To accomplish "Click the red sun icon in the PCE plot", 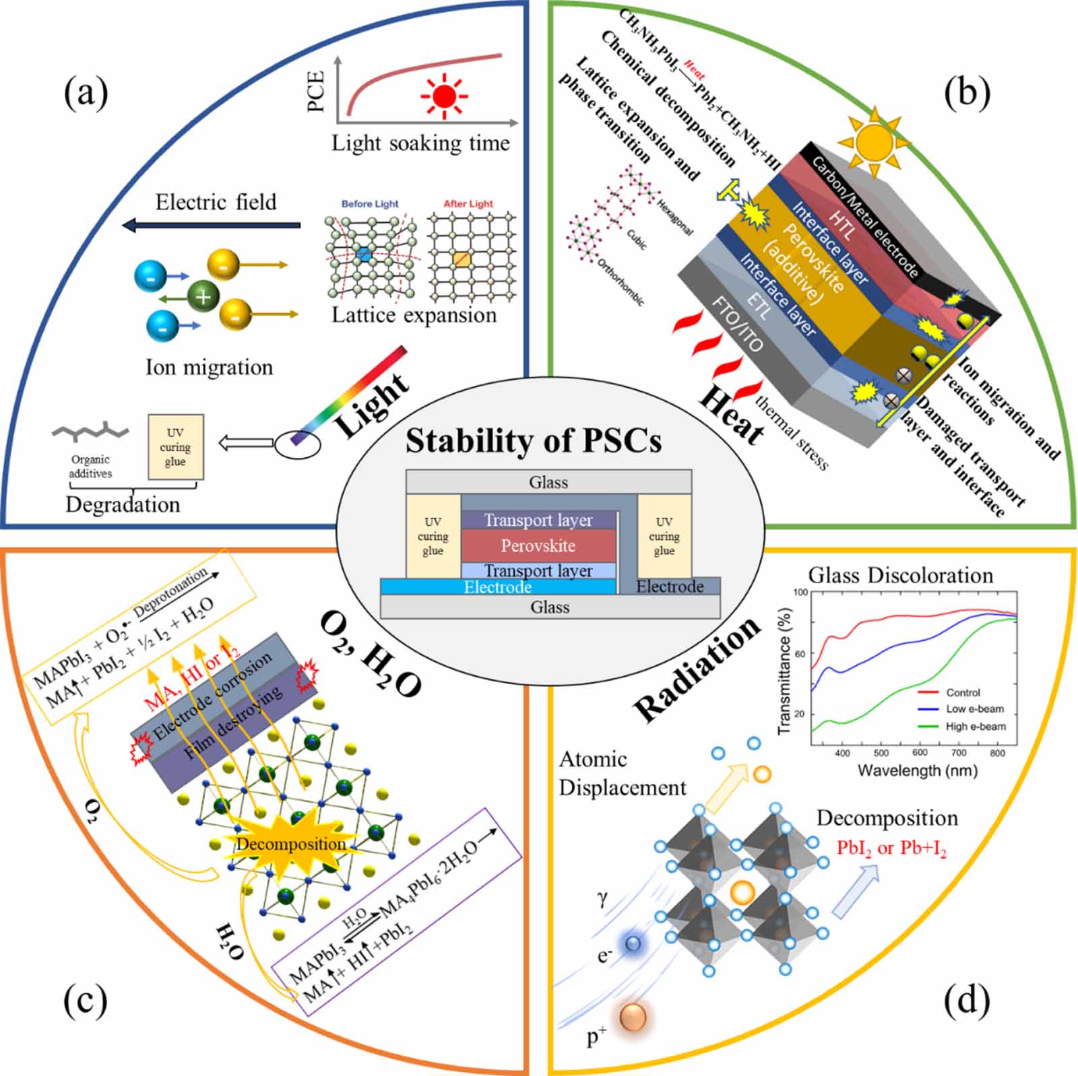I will click(x=444, y=97).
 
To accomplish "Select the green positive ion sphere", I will click(x=203, y=296).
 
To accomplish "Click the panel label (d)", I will click(x=967, y=1001).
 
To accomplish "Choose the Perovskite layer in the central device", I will click(x=538, y=545).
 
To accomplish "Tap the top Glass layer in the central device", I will click(x=548, y=482).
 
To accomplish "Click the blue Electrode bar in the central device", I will click(x=498, y=587).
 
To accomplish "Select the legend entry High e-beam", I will click(x=975, y=727).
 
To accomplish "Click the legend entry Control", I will click(x=963, y=692).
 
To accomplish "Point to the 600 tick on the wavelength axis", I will click(x=920, y=753).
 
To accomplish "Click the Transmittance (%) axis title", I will click(x=784, y=664).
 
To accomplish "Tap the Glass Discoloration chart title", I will click(x=901, y=575).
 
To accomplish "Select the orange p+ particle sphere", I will click(x=633, y=1017).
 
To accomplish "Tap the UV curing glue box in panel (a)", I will click(x=175, y=447).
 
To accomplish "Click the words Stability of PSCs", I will click(x=533, y=441).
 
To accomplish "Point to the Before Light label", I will click(x=370, y=203).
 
